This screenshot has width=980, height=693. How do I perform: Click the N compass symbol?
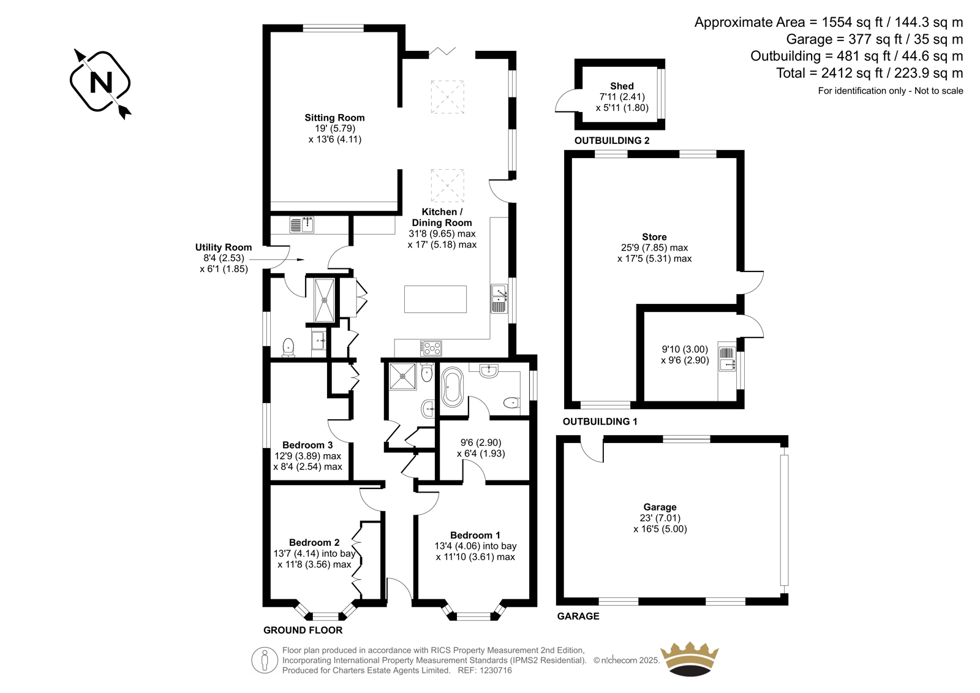100,82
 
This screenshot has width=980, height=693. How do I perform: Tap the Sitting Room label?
334,118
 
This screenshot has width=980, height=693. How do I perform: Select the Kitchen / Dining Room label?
442,217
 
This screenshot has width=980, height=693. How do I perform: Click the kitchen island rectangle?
435,299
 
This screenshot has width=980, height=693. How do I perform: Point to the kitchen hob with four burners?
431,349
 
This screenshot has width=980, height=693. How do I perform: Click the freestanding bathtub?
453,387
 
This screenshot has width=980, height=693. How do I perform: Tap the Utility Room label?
224,248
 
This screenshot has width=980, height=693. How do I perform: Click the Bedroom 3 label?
307,445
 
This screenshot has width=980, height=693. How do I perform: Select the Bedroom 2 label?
314,543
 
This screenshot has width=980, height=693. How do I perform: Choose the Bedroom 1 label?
475,536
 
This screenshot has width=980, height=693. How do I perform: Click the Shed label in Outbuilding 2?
622,86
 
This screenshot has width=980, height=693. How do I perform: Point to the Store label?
655,237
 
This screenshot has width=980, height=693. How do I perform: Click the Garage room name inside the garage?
660,507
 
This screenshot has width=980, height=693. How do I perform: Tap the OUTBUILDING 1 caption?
600,422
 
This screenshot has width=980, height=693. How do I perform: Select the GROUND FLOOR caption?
303,631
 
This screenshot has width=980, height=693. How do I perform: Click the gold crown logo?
690,659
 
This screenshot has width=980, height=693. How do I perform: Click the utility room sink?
302,225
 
